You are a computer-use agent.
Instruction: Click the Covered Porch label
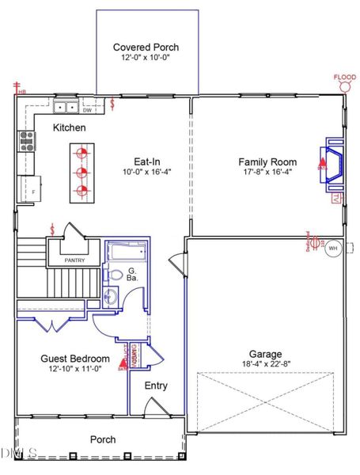(x=147, y=47)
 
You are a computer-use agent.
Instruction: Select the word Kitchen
(x=70, y=127)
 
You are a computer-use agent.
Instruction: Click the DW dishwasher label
(x=87, y=110)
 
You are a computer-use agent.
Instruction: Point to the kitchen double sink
(x=66, y=107)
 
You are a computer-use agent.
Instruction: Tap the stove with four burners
(x=27, y=142)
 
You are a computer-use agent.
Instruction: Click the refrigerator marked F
(x=31, y=188)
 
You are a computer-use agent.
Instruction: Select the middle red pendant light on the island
(x=80, y=170)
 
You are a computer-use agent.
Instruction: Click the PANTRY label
(x=74, y=259)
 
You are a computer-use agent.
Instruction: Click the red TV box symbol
(x=336, y=197)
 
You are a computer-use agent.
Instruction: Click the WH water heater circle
(x=332, y=247)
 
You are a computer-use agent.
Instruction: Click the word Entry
(x=155, y=386)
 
